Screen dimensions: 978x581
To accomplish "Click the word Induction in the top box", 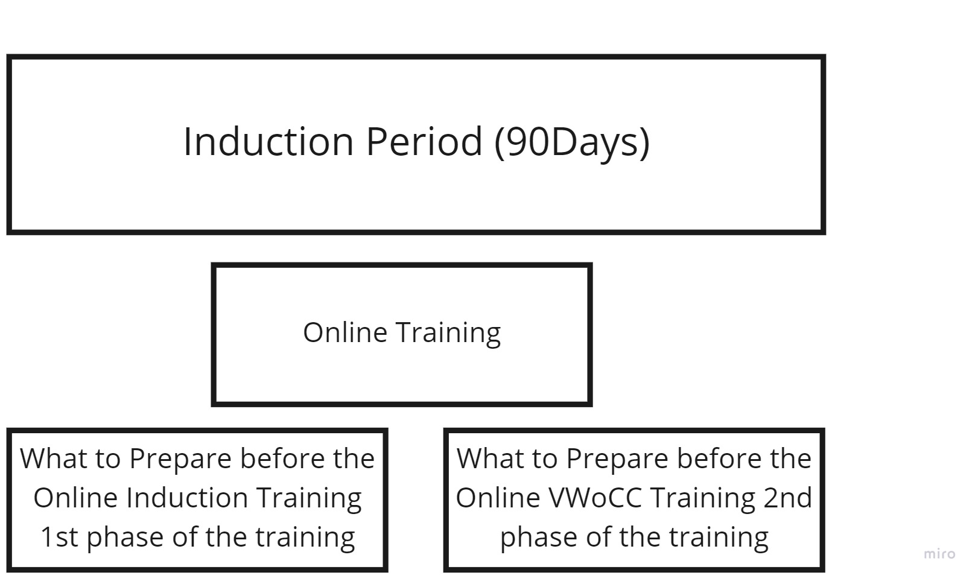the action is [268, 141].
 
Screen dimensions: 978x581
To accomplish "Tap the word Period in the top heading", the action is [424, 141].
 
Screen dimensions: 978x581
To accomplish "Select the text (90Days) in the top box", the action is [573, 143].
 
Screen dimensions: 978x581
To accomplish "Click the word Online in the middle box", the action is [345, 332].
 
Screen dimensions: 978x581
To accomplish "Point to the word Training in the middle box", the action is [448, 334].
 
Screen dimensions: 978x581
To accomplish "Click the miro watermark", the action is [939, 553].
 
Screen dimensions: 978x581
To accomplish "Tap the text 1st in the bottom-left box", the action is [59, 537].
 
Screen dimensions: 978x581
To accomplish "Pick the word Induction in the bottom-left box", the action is [187, 498].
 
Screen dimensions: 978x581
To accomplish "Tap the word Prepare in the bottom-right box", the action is [617, 460].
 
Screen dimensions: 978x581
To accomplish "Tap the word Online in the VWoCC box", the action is [498, 498].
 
